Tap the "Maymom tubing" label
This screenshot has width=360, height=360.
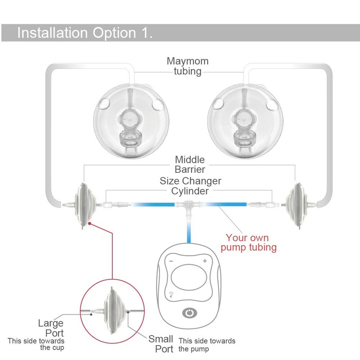click(188, 66)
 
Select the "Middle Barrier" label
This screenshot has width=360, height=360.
click(189, 164)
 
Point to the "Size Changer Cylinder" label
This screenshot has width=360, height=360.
click(190, 186)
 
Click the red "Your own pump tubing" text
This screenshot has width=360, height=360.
click(251, 242)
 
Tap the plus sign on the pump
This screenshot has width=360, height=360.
click(205, 261)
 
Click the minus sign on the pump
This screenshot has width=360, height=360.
click(171, 261)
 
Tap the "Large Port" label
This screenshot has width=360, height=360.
click(51, 328)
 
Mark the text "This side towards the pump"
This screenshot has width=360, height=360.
click(207, 345)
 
